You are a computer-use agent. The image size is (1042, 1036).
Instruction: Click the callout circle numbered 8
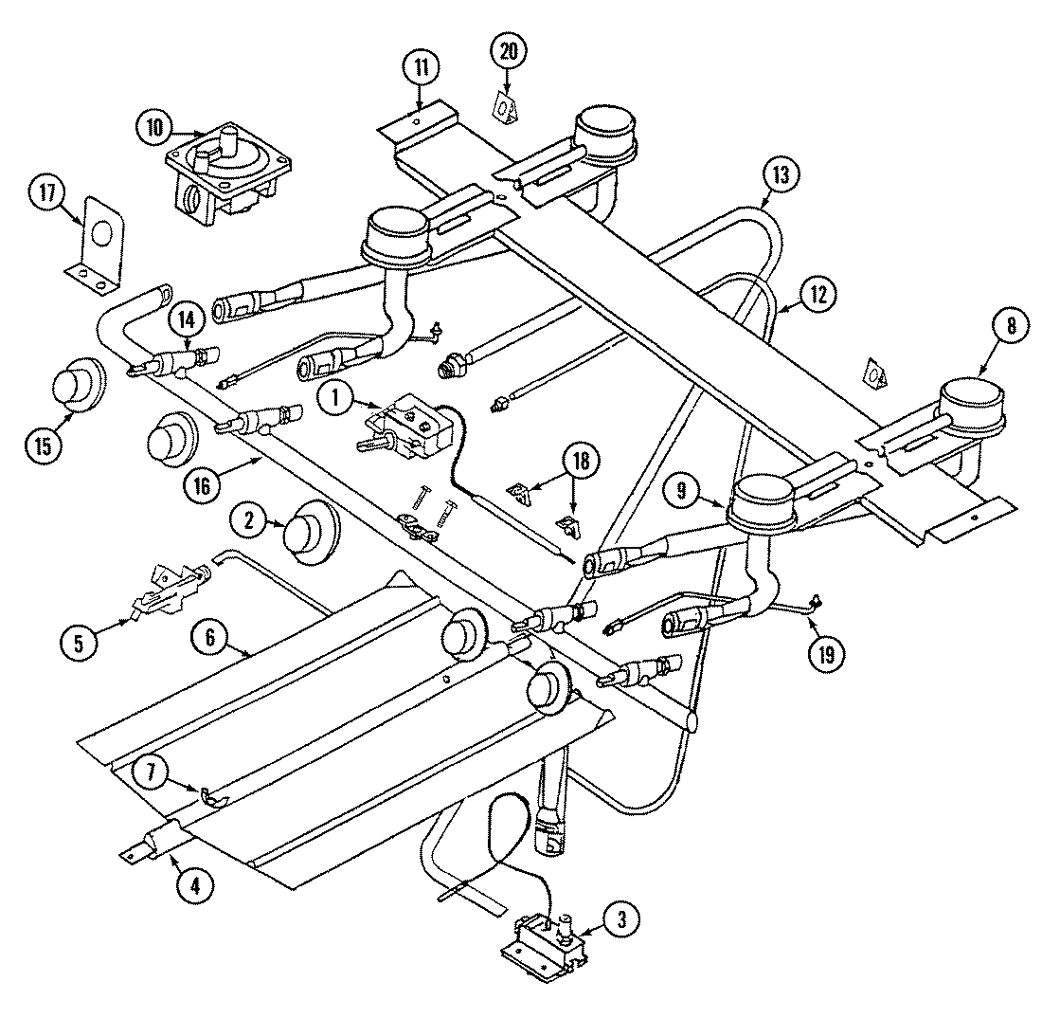click(x=1011, y=326)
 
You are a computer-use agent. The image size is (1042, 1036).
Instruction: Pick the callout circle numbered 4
click(x=194, y=886)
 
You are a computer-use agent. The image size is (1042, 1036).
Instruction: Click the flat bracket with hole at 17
click(x=99, y=241)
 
